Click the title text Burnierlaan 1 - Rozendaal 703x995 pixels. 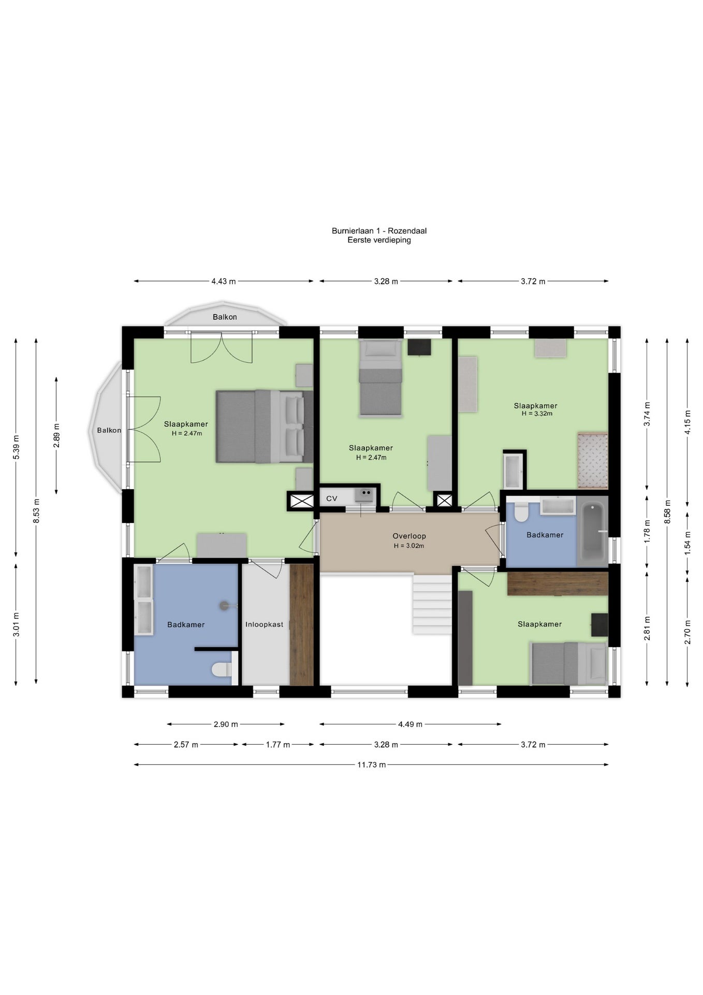click(379, 231)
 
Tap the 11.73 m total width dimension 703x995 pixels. click(371, 764)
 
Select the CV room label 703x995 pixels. click(332, 499)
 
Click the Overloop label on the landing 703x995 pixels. click(409, 536)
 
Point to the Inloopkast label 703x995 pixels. click(265, 624)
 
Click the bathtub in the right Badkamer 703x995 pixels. click(592, 531)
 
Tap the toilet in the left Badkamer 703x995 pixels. click(222, 670)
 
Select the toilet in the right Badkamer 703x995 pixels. click(521, 511)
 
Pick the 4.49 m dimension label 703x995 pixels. click(410, 724)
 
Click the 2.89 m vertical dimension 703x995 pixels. click(56, 435)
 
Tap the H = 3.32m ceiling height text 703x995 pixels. click(537, 414)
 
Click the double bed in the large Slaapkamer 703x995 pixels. click(265, 426)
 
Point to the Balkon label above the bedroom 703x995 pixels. click(225, 317)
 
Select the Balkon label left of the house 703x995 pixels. click(109, 430)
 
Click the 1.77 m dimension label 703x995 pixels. click(278, 745)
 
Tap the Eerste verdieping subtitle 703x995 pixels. click(379, 240)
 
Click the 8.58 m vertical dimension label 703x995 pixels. click(667, 512)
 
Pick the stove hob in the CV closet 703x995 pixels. click(364, 495)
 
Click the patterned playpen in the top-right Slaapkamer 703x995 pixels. click(593, 460)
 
